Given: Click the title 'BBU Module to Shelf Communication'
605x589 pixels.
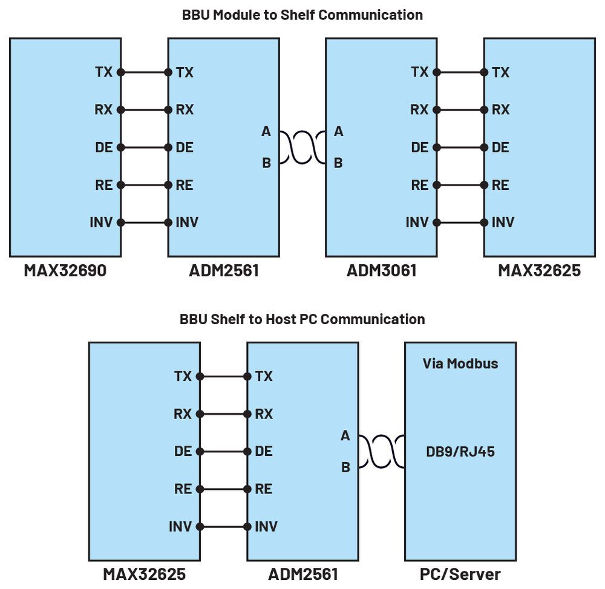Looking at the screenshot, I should [x=302, y=15].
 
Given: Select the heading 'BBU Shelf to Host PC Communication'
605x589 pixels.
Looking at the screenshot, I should [x=302, y=319].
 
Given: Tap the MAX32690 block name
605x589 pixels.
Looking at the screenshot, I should [x=65, y=270].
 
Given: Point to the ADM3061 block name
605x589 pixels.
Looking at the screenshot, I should [x=381, y=270].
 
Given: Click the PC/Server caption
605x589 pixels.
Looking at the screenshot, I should [x=460, y=573].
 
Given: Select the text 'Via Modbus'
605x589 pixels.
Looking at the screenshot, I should [x=460, y=363].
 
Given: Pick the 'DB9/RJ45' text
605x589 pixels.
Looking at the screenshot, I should [x=460, y=451].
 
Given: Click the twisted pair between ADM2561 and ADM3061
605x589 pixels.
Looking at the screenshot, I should [x=302, y=147].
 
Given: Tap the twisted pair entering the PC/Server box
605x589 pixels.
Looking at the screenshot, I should [x=381, y=451].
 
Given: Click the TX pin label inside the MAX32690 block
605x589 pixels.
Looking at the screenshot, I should [x=103, y=72].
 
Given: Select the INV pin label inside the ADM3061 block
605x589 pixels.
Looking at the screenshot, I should [x=417, y=223].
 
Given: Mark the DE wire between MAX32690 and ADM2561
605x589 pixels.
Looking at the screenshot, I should [x=145, y=148].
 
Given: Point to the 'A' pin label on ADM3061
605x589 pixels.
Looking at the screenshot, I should [x=338, y=131].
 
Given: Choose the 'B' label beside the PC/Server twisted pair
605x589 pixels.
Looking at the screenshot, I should [x=345, y=467].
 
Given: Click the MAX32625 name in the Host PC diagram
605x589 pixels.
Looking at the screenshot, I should [x=144, y=573].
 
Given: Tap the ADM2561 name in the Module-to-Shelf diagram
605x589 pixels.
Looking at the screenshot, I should [x=223, y=270].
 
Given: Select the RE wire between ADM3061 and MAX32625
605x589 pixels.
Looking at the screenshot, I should [x=460, y=185].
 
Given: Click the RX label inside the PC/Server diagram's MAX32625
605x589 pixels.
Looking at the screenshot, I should [x=182, y=414].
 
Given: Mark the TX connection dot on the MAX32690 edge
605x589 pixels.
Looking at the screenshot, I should [x=120, y=73].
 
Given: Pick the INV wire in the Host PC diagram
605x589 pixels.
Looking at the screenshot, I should [x=223, y=527].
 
